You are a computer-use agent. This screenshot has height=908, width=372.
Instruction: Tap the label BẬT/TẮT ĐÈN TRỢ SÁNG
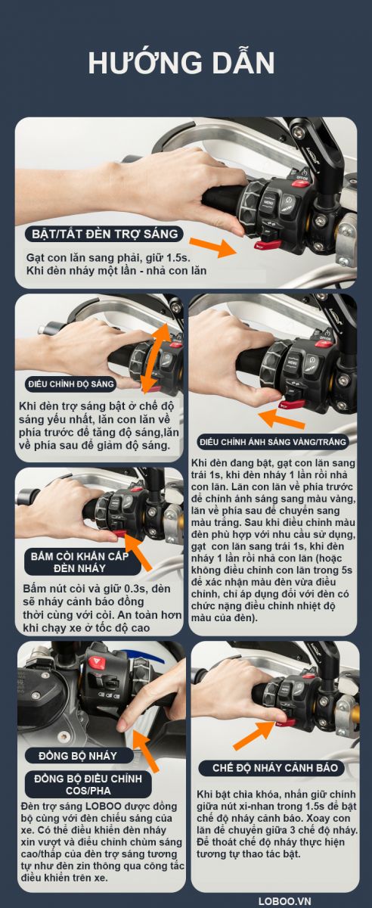[x=104, y=234]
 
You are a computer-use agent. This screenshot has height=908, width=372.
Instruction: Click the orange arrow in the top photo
[x=212, y=247]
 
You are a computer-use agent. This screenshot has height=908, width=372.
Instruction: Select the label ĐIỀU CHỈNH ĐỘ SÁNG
[x=71, y=384]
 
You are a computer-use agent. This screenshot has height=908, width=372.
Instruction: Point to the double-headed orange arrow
[x=155, y=358]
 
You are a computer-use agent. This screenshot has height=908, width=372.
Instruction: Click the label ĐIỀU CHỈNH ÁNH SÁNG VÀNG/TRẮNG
[x=273, y=442]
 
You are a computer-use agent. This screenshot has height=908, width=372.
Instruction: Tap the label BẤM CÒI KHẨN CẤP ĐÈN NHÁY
[x=80, y=561]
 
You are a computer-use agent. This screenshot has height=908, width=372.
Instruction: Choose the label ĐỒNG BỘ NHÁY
[x=78, y=756]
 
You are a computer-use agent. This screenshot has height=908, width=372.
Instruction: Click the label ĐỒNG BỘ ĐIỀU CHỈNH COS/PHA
[x=88, y=785]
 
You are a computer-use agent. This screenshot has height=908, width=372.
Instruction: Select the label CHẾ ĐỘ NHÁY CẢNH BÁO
[x=274, y=768]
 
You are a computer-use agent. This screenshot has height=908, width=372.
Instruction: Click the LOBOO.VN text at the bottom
[x=285, y=901]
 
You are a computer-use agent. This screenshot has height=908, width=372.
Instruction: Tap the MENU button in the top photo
[x=268, y=202]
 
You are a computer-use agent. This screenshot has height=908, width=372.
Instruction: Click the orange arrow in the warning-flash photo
[x=254, y=735]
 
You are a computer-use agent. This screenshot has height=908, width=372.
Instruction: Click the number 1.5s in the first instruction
[x=178, y=257]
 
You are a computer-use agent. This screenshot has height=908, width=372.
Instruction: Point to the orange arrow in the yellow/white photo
[x=281, y=419]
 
